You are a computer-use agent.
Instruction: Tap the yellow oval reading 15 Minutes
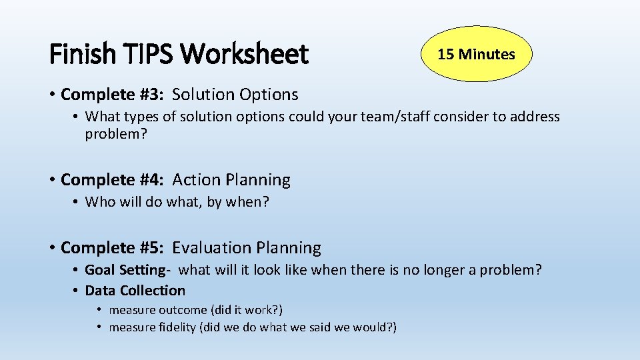coord(476,54)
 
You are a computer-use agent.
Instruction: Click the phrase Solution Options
coord(235,95)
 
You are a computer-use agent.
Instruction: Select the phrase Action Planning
coord(231,180)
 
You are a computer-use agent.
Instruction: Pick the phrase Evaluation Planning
coord(247,248)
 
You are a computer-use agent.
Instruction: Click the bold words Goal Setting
coord(124,270)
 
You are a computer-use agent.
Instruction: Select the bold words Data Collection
coord(135,291)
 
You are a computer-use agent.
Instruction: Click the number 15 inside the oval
coord(445,54)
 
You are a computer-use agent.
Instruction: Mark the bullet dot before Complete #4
coord(52,181)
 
